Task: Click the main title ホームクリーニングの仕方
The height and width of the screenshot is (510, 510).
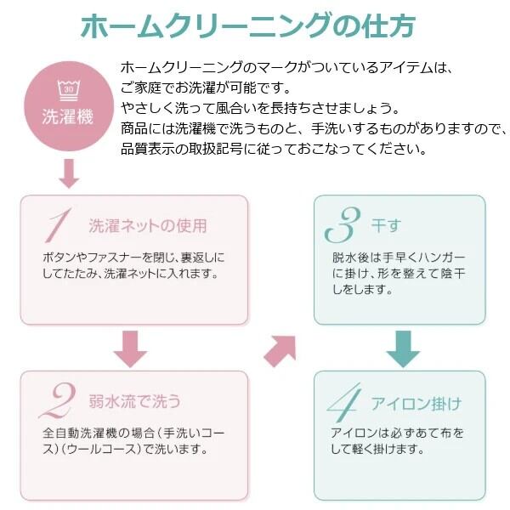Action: (248, 25)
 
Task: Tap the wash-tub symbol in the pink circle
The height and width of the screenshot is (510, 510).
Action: (69, 90)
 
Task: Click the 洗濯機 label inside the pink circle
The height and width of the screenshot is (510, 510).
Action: (68, 116)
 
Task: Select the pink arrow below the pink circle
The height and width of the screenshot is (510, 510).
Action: (69, 173)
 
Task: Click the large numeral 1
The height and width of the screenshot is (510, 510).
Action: (58, 225)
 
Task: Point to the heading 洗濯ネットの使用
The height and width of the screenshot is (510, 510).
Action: (148, 226)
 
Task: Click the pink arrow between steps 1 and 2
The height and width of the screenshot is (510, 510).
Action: (130, 349)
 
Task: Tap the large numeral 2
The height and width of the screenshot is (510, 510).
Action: (58, 400)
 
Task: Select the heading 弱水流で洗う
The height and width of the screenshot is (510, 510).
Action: (134, 400)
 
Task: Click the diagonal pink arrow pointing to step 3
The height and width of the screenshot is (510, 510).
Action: (280, 351)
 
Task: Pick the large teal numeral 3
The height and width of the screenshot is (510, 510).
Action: (343, 224)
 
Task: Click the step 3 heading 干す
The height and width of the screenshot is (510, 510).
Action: (387, 225)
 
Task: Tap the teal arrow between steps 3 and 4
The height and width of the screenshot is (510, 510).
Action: (403, 349)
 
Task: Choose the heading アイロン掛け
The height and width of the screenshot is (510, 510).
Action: (416, 404)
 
